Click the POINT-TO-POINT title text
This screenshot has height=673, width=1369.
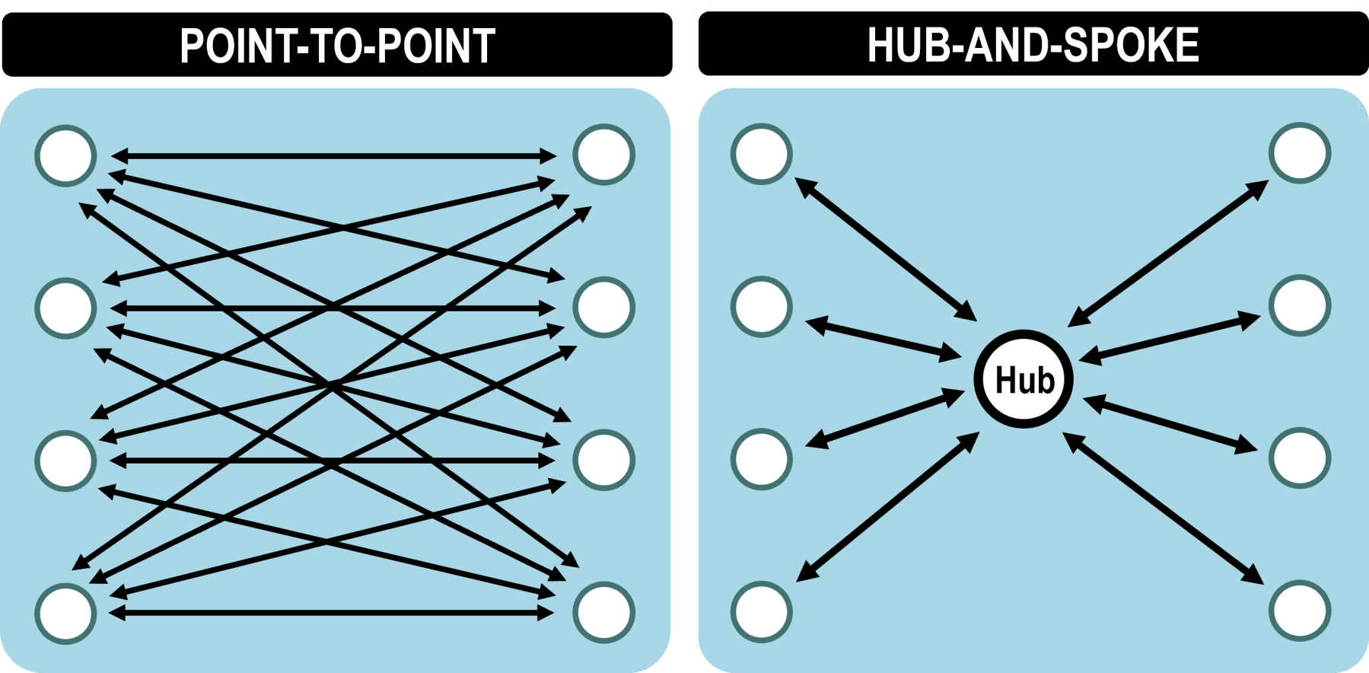[337, 46]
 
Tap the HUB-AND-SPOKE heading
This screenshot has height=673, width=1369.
[1033, 45]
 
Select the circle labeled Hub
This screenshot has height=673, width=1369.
[1024, 379]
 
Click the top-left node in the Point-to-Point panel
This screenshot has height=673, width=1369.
[66, 155]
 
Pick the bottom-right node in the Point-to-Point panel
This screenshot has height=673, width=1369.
[603, 612]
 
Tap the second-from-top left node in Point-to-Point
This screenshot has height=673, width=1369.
[66, 308]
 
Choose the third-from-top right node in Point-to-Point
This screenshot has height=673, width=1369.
[603, 460]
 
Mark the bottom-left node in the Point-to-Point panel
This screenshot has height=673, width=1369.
[66, 614]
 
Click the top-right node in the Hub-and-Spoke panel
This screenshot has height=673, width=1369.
[1300, 153]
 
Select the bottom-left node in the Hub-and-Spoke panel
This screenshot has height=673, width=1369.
[762, 611]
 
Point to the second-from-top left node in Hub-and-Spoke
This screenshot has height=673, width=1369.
[762, 306]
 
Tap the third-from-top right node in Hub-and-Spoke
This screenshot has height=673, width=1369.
[1300, 458]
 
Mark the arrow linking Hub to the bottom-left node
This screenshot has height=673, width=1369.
[887, 507]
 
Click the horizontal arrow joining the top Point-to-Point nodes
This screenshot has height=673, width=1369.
[333, 156]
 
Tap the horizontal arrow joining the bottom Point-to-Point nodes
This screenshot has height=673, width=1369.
[332, 612]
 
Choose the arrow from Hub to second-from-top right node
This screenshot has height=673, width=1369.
[1170, 336]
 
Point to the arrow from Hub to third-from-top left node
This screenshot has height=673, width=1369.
[885, 417]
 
